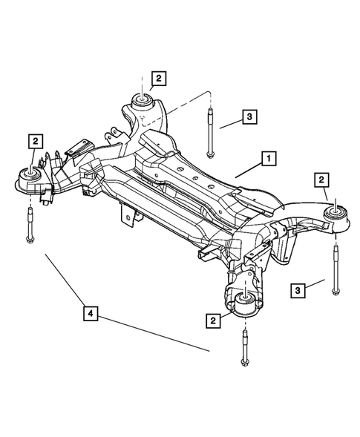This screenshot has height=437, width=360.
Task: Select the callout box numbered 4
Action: tap(90, 315)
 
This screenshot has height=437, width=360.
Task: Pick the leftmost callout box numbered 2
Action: tap(34, 139)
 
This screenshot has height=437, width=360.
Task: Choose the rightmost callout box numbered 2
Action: tap(321, 179)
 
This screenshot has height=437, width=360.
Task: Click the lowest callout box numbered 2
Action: tap(213, 320)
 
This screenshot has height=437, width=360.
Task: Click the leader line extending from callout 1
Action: tap(247, 168)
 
